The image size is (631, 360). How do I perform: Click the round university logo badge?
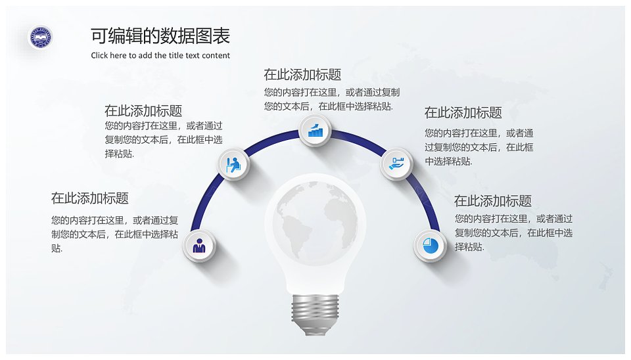click(x=41, y=37)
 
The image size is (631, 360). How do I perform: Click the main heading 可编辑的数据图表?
click(x=160, y=35)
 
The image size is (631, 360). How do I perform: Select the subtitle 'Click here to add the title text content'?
click(x=160, y=55)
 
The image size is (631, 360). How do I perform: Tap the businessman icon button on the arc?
click(x=199, y=245)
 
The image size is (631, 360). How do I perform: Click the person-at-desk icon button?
click(x=234, y=164)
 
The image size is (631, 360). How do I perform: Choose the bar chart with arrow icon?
click(x=315, y=130)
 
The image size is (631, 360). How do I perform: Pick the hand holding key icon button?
click(x=396, y=164)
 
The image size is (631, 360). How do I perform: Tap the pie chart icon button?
click(x=430, y=245)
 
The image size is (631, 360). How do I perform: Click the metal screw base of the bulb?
click(x=315, y=315)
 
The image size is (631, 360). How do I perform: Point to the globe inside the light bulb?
click(x=315, y=220)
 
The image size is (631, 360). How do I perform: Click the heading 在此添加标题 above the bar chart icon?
click(x=302, y=74)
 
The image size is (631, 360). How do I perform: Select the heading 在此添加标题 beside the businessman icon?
click(x=90, y=198)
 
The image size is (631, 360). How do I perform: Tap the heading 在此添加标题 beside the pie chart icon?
click(x=492, y=200)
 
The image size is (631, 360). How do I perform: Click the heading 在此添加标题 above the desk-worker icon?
click(x=143, y=110)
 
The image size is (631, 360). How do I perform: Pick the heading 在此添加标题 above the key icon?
click(x=463, y=112)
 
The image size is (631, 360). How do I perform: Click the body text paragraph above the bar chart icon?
click(x=331, y=99)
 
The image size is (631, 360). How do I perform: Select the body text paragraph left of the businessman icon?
click(x=114, y=234)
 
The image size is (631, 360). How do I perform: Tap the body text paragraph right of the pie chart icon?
click(x=513, y=233)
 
